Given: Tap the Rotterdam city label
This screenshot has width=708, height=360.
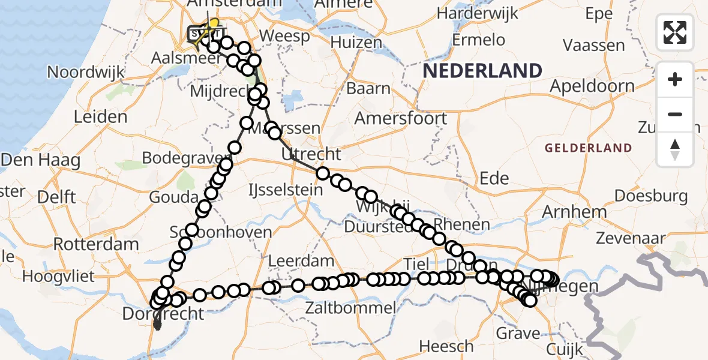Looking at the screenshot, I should [96, 245].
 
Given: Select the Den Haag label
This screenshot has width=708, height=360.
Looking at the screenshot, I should [41, 160].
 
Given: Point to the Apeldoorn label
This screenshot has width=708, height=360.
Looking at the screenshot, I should [592, 86].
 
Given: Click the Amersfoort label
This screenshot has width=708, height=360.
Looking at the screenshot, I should [400, 118].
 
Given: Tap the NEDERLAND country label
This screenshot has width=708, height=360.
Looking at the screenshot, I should [482, 71].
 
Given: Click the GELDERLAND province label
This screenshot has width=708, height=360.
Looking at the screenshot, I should [588, 148].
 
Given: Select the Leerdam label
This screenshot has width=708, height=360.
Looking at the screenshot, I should [301, 261].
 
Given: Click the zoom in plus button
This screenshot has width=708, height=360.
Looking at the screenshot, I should [675, 80].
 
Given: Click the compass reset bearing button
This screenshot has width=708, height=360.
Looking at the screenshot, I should [675, 149].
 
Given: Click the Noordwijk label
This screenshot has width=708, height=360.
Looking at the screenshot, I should [86, 73].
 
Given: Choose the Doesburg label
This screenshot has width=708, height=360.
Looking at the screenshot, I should [651, 196].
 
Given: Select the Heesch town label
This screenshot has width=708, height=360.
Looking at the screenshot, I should [446, 346].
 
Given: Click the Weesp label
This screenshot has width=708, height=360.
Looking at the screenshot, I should [286, 37].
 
